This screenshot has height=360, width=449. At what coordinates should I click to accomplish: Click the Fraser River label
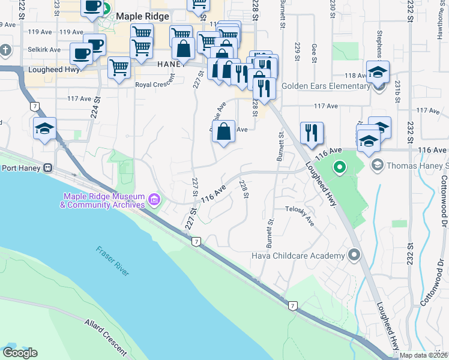pos(113,261)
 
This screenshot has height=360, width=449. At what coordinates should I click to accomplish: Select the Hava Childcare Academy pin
pos(354,256)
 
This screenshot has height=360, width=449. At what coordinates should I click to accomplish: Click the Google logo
pos(19,353)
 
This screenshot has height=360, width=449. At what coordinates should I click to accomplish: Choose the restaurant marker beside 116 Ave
pos(312,133)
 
